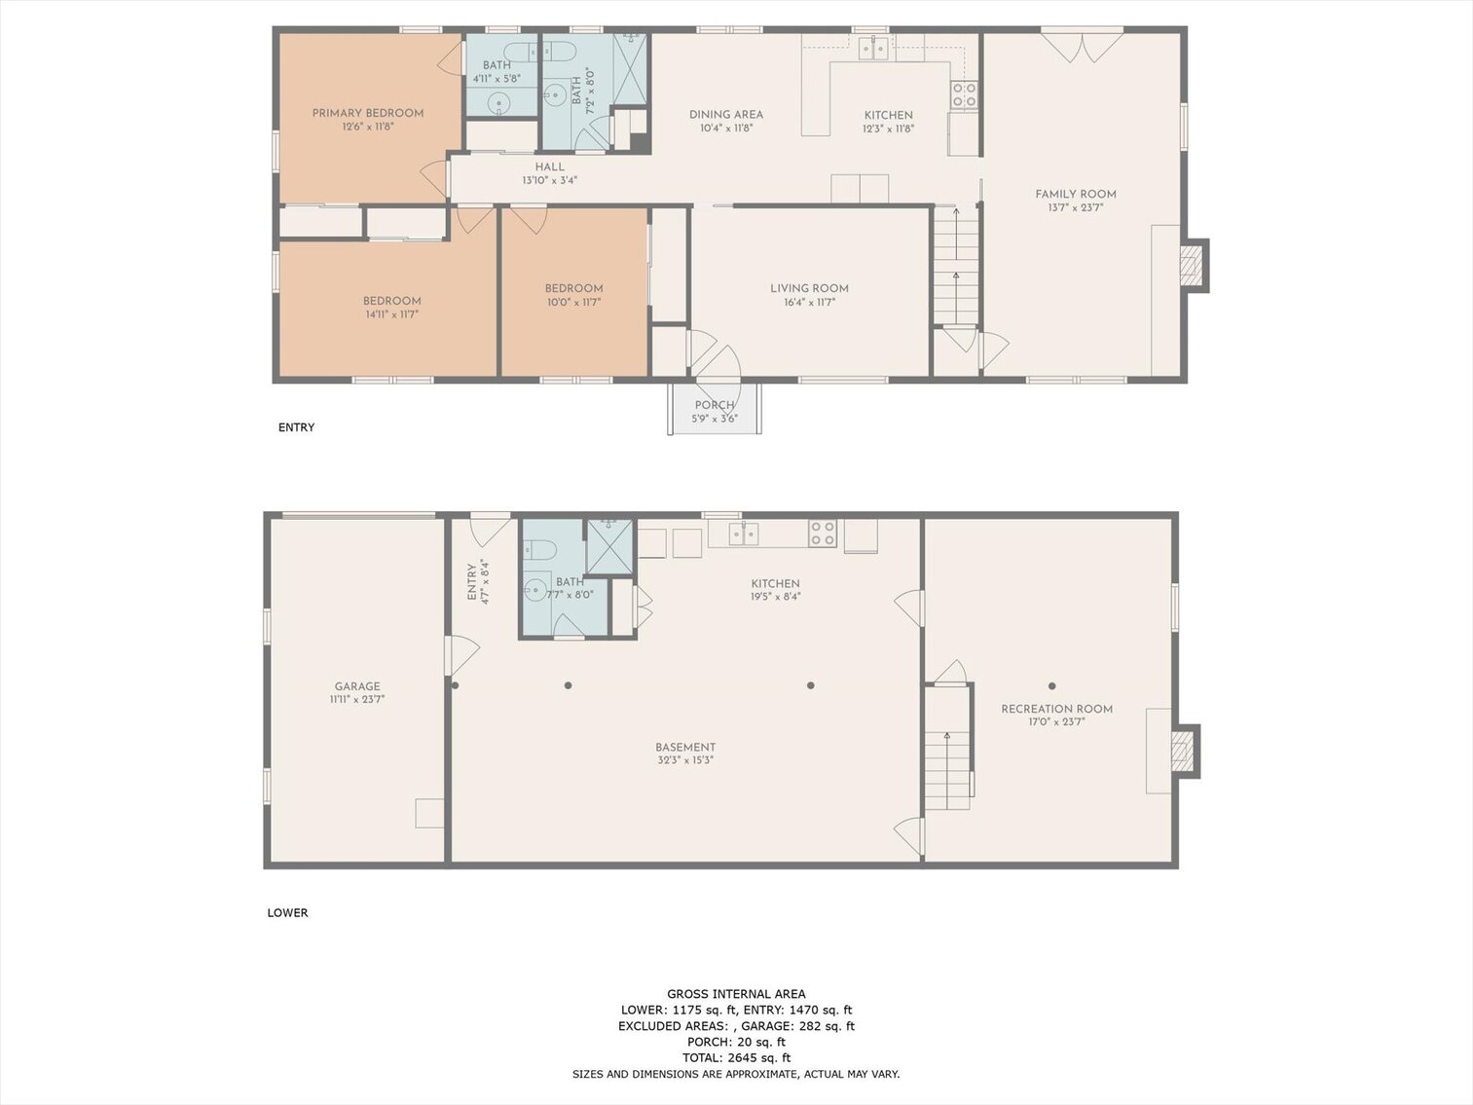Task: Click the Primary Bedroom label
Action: click(x=367, y=113)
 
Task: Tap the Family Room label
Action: click(x=1075, y=194)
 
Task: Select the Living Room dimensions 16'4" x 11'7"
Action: click(x=809, y=303)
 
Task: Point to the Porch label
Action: click(x=714, y=405)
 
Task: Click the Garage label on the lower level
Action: click(x=357, y=686)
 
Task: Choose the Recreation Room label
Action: click(x=1056, y=709)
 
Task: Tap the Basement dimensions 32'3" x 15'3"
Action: click(x=685, y=761)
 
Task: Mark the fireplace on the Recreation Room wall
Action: click(x=1183, y=751)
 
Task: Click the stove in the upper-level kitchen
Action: click(x=964, y=94)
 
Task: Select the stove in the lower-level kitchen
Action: click(x=823, y=533)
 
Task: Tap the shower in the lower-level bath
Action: click(x=609, y=546)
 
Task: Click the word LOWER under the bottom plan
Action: click(x=287, y=913)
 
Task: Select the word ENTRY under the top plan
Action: click(x=296, y=427)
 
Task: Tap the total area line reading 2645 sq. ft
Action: click(x=736, y=1057)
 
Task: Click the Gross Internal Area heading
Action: click(x=736, y=994)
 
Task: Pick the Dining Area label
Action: click(x=725, y=114)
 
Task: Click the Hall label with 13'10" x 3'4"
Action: click(x=549, y=167)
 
